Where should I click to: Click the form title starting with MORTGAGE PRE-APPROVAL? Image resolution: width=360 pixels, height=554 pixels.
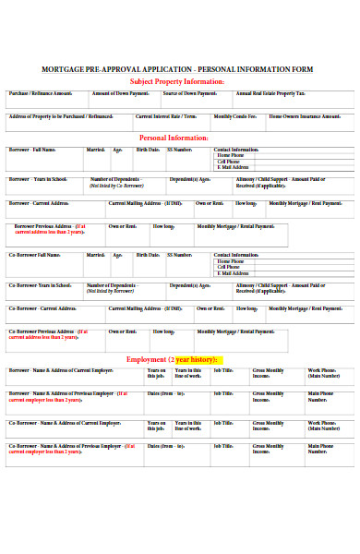pos(177,69)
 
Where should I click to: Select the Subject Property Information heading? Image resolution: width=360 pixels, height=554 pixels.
pos(177,81)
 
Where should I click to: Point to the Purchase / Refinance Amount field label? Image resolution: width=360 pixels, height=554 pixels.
pos(40,93)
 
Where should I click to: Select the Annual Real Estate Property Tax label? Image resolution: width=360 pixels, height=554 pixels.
pos(270,93)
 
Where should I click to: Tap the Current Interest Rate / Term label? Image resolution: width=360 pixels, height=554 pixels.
pos(166,116)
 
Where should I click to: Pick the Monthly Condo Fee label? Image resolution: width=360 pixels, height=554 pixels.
pos(235,116)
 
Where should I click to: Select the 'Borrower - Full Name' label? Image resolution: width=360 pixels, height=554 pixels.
pos(33,149)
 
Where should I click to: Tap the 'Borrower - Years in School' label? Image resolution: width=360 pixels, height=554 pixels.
pos(38,178)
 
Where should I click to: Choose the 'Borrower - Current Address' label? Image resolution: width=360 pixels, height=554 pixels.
pos(39,202)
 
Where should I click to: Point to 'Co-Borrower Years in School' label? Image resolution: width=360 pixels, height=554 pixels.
pos(41,284)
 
